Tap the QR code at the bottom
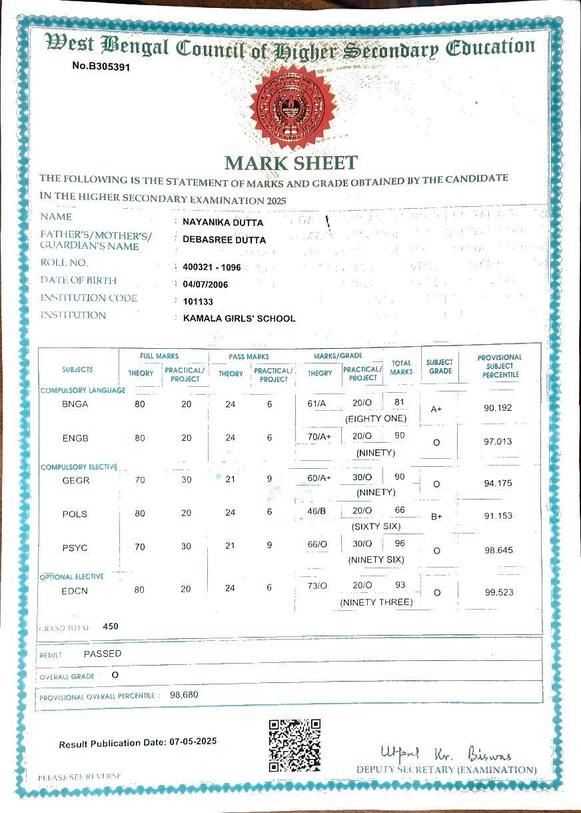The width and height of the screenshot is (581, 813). tap(294, 745)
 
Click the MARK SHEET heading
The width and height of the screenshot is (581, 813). tap(291, 162)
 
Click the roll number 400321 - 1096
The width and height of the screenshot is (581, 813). tap(211, 267)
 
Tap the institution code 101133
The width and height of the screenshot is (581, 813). tap(198, 301)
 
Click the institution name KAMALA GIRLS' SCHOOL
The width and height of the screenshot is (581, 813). tap(239, 318)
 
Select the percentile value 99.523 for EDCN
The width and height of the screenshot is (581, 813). tap(498, 592)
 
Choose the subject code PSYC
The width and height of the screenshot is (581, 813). tap(75, 548)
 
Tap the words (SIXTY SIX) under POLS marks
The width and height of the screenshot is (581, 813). tap(376, 526)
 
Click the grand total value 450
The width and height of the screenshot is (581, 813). tap(111, 626)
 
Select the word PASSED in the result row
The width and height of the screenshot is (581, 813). tap(103, 654)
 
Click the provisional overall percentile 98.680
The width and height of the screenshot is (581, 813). tap(184, 695)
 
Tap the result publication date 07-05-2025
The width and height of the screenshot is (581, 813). tap(193, 741)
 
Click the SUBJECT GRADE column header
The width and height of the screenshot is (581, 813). tap(440, 367)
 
